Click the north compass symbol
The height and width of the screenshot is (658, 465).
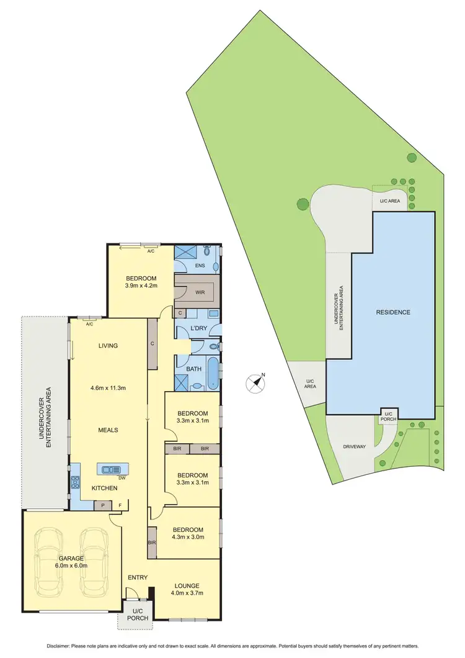click(x=255, y=384)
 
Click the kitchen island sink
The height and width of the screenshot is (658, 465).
click(x=112, y=469)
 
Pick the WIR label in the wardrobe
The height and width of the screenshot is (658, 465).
click(x=199, y=292)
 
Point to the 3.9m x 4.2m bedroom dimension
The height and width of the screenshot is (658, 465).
click(x=141, y=286)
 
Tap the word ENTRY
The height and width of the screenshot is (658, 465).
click(x=138, y=578)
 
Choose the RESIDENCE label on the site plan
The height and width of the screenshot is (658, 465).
click(x=393, y=312)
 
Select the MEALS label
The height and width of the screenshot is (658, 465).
click(x=108, y=430)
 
